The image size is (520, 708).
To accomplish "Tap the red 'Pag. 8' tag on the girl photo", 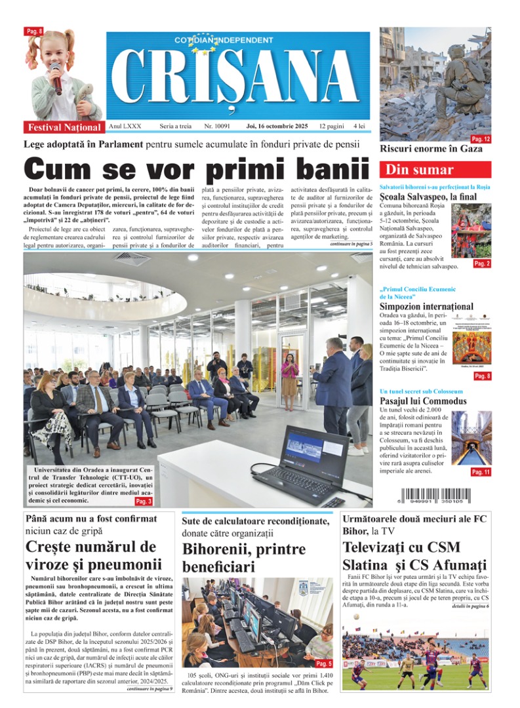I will (x=34, y=31).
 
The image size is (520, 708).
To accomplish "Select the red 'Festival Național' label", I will (x=64, y=127).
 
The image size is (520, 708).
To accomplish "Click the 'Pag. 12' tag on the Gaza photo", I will (x=481, y=139).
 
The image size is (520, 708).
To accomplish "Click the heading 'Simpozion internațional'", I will (x=426, y=306).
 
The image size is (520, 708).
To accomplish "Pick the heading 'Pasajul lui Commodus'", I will (x=423, y=401).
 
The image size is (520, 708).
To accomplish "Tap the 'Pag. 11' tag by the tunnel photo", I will (x=480, y=472).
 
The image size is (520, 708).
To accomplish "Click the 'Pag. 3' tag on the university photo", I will (x=144, y=501).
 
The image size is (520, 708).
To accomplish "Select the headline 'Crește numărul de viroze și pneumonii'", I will (x=93, y=555).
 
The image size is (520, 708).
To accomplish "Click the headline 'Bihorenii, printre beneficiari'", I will (x=244, y=557).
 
